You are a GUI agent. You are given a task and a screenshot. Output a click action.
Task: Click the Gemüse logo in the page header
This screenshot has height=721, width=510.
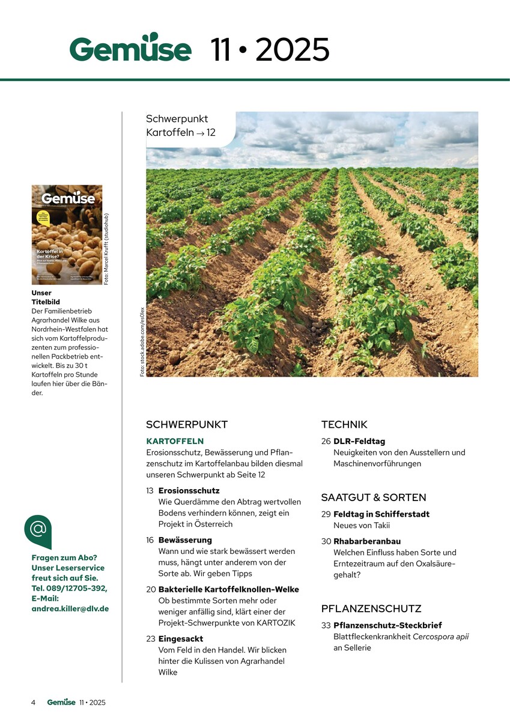[130, 48]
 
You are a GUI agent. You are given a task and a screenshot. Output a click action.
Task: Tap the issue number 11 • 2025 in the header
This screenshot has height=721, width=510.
[270, 49]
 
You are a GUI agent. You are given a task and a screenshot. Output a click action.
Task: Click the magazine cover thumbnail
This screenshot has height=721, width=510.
[67, 234]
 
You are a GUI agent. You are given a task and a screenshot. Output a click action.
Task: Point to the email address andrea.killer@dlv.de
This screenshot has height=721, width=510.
[70, 608]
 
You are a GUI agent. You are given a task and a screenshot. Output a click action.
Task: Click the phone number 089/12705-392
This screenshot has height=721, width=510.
[77, 588]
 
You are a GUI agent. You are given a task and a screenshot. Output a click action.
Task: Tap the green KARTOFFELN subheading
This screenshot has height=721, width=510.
[175, 441]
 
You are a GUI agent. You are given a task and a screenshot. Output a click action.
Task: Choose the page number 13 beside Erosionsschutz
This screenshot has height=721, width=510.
[150, 491]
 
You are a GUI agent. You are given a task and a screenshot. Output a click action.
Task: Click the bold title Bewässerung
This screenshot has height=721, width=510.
[185, 540]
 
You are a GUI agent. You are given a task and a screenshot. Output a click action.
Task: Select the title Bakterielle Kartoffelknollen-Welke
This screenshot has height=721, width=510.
[228, 589]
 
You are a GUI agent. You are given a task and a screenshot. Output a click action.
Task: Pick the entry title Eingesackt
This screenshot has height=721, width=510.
[181, 639]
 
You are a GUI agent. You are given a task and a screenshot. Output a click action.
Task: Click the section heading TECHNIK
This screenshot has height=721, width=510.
[344, 425]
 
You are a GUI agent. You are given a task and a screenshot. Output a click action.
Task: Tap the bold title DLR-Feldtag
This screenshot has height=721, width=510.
[359, 441]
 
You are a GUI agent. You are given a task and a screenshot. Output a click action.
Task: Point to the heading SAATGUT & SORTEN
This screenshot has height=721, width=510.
[374, 497]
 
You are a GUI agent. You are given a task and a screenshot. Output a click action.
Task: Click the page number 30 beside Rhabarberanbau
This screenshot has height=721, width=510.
[326, 541]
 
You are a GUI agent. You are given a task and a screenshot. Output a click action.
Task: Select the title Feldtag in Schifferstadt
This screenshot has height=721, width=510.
[381, 514]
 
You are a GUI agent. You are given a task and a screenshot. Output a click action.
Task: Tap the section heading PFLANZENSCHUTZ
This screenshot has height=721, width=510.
[371, 609]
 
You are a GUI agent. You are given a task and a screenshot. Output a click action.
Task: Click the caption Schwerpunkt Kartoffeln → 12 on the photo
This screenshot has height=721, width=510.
[180, 126]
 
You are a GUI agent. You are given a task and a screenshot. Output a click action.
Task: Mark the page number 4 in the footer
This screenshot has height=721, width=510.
[34, 702]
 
